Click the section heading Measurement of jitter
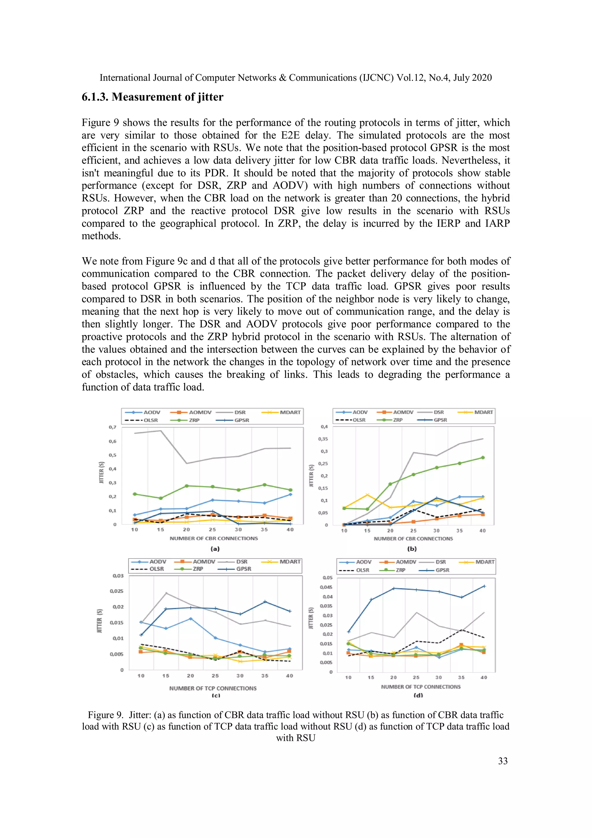(x=152, y=97)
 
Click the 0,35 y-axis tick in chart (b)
(x=323, y=439)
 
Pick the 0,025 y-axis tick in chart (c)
(x=116, y=591)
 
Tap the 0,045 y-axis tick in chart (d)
(x=326, y=587)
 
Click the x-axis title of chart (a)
(x=214, y=538)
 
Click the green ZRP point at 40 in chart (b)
(x=482, y=457)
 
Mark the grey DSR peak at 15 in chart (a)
(x=161, y=431)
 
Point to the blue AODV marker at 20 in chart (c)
(x=190, y=619)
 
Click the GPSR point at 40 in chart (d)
(x=484, y=586)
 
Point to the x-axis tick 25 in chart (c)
(x=215, y=676)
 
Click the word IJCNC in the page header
(x=376, y=78)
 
